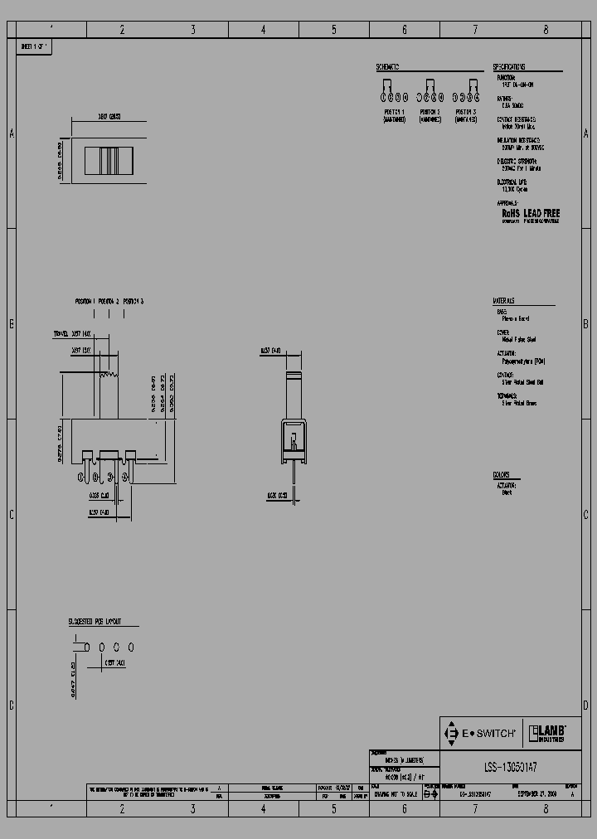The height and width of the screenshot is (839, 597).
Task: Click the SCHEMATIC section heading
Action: [387, 67]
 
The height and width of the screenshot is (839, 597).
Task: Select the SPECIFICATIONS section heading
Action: [508, 67]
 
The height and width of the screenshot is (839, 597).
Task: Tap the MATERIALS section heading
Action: [504, 299]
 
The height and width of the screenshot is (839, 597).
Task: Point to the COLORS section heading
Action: [502, 475]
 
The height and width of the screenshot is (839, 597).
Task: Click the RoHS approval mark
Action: [510, 213]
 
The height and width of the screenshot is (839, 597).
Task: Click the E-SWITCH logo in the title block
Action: [481, 733]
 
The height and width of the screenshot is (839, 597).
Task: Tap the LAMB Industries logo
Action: [548, 733]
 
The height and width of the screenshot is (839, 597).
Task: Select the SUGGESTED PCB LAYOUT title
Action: [95, 621]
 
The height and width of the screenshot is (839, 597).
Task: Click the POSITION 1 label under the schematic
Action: [394, 111]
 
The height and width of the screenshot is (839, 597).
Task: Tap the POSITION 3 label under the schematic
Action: [465, 111]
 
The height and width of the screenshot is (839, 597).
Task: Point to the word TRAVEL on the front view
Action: [61, 334]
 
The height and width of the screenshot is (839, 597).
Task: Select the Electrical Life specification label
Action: [512, 182]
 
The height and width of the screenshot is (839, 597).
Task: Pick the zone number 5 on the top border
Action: [334, 30]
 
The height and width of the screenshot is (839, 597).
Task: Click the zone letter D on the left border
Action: [12, 706]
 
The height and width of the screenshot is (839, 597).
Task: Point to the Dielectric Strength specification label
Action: [513, 161]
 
